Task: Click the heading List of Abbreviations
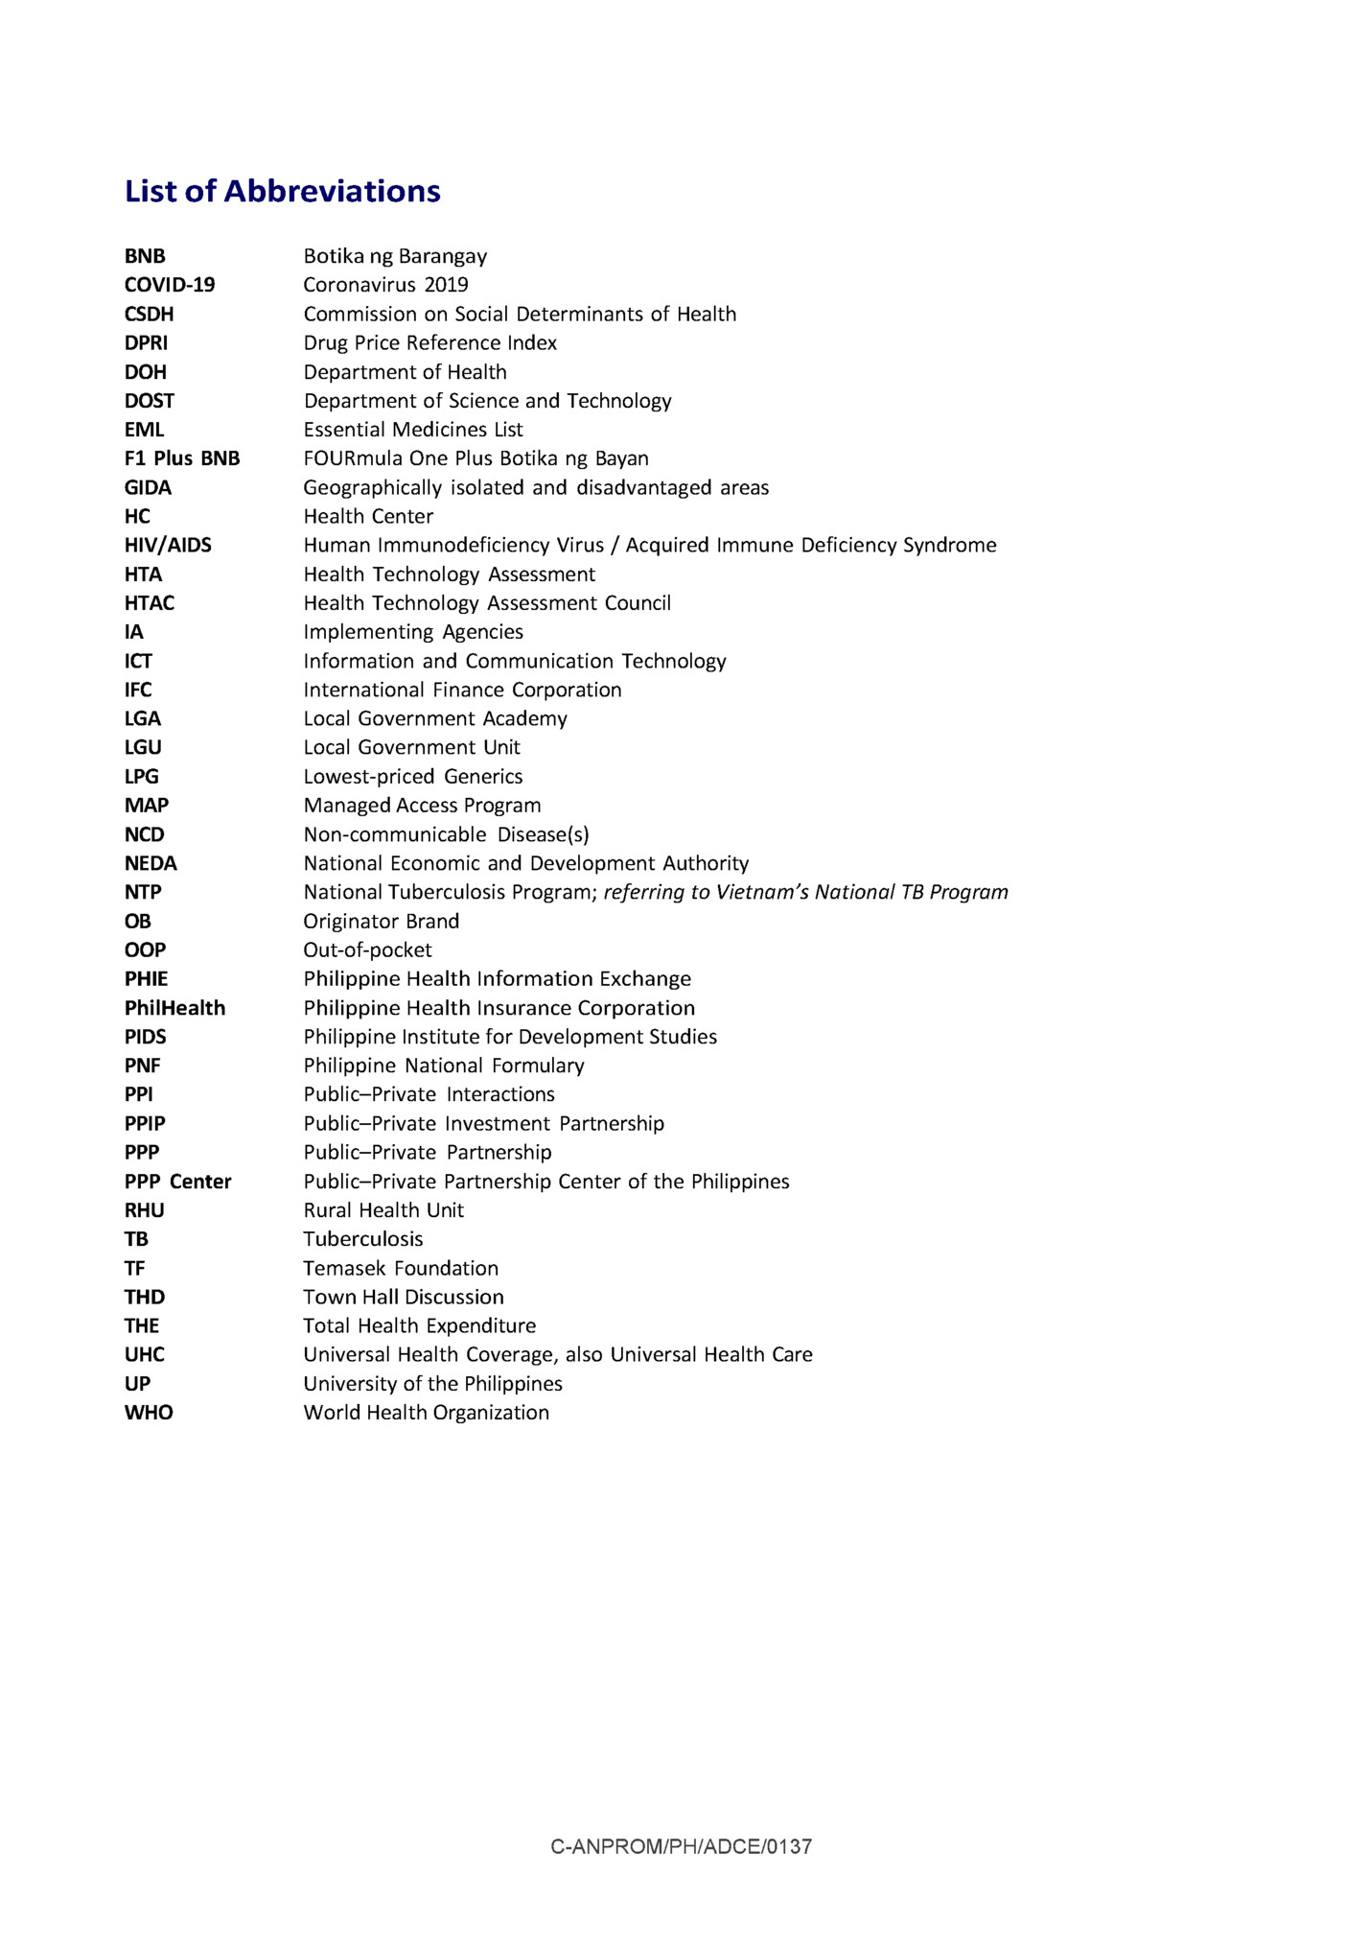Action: [x=283, y=191]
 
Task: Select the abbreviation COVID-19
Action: [x=170, y=285]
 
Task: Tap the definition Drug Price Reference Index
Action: [x=429, y=342]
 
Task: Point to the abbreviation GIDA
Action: [x=148, y=487]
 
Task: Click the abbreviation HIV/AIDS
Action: [x=168, y=545]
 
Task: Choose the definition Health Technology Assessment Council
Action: [x=487, y=603]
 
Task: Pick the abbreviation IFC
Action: [x=138, y=690]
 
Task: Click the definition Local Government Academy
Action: [x=435, y=718]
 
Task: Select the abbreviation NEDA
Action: [x=151, y=863]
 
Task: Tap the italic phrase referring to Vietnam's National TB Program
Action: [x=805, y=892]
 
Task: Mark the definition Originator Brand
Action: [x=382, y=921]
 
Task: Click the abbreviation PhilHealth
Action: [x=174, y=1008]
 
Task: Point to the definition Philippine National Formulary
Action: [x=444, y=1066]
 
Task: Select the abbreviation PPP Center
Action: [x=177, y=1182]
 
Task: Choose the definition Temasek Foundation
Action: [x=401, y=1268]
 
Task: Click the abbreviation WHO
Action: [x=149, y=1413]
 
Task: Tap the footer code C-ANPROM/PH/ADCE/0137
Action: [x=681, y=1846]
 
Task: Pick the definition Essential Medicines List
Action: [x=413, y=430]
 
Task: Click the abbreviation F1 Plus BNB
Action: [x=182, y=458]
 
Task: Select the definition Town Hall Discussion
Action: [x=404, y=1297]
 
